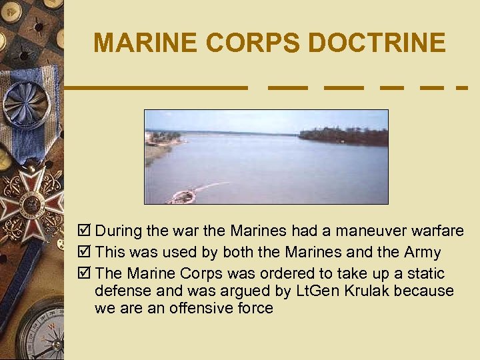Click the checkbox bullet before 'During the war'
[85, 231]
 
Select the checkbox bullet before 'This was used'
[85, 253]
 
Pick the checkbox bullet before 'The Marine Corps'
[85, 274]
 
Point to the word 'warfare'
[437, 231]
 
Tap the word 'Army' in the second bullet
[422, 253]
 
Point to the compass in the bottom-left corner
[40, 333]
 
